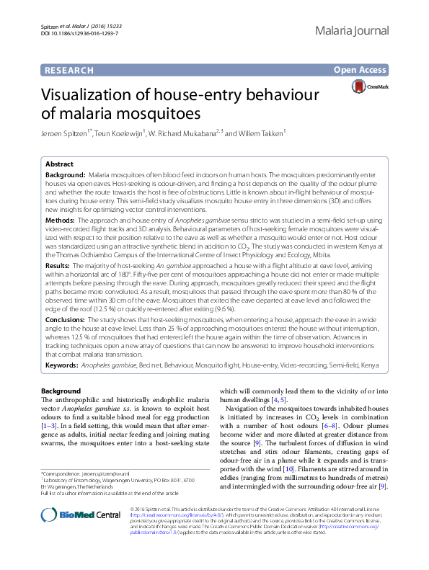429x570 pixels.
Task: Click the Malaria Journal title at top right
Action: point(353,31)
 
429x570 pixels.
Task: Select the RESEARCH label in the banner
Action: point(68,70)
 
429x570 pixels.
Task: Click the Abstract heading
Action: point(60,164)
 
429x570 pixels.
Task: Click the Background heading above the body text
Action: point(61,391)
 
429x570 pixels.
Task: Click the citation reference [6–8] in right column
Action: point(349,427)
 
